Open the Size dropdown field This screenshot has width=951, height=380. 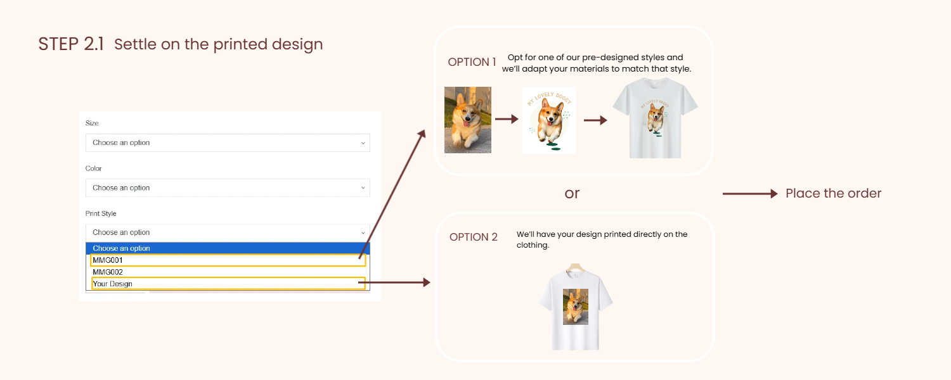pos(228,143)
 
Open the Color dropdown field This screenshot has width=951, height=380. pos(228,188)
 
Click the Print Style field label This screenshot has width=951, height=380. pos(101,213)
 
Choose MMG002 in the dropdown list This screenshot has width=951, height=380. pos(108,272)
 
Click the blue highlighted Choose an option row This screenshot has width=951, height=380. pos(228,248)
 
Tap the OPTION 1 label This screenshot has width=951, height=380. pos(472,62)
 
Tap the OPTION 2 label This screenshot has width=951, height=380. pos(474,237)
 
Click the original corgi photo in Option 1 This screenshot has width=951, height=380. pos(468,120)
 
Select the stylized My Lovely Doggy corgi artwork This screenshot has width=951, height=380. pos(550,120)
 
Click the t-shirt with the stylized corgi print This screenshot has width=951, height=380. pos(655,118)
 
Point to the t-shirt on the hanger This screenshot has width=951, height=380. pos(575,307)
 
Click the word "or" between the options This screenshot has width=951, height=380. pos(572,194)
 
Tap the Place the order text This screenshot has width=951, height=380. pos(834,193)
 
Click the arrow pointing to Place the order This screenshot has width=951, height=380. pos(750,194)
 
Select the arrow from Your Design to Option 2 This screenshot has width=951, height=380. pos(394,282)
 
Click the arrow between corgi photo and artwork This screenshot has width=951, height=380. pos(507,119)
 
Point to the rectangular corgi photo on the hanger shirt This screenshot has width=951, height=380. pos(576,307)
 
